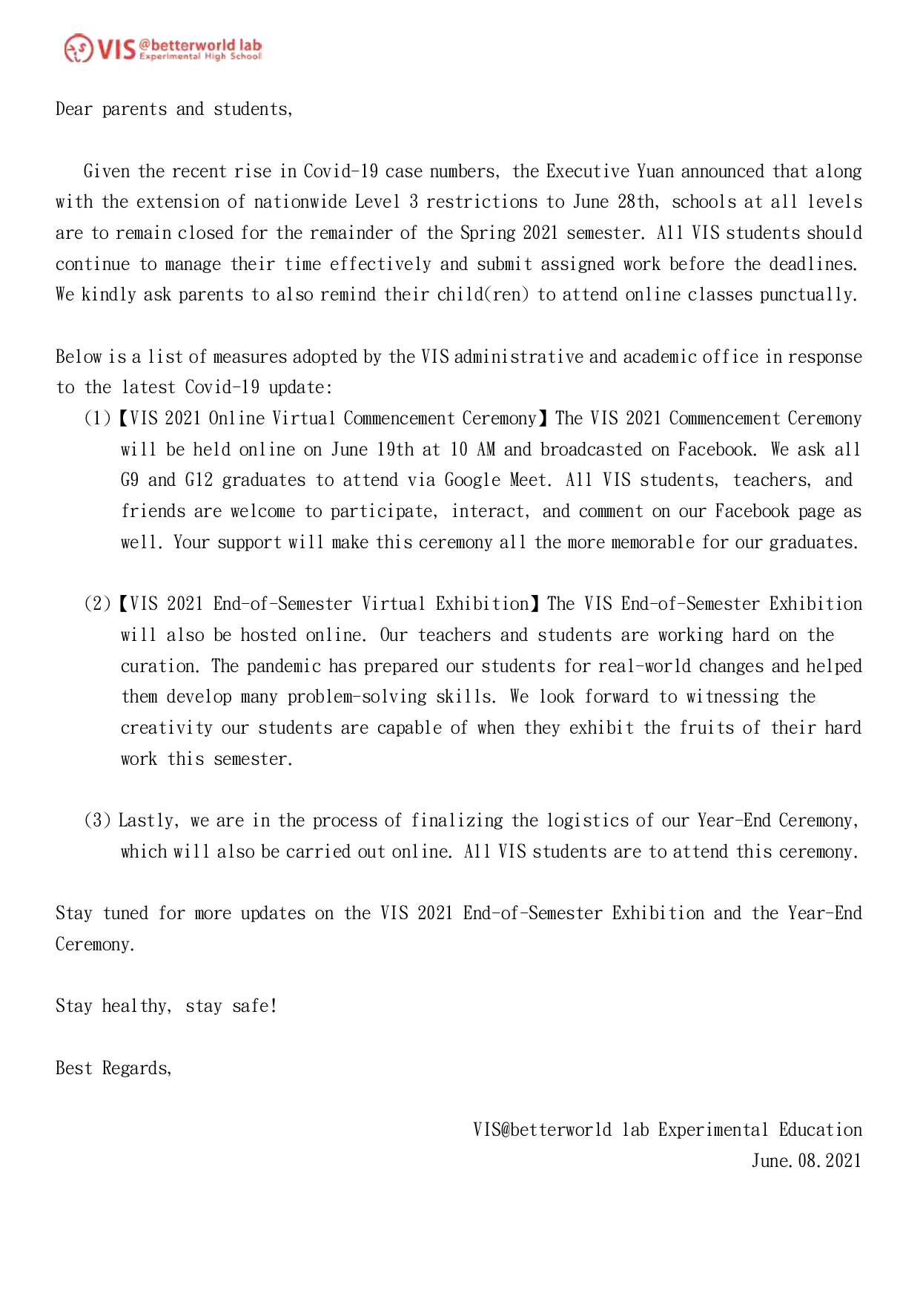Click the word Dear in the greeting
click(73, 109)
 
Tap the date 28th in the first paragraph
click(636, 202)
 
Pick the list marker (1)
click(97, 418)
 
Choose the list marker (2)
click(97, 604)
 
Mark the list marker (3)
click(97, 821)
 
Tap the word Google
click(472, 480)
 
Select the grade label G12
click(199, 480)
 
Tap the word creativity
click(166, 728)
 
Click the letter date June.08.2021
click(807, 1161)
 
